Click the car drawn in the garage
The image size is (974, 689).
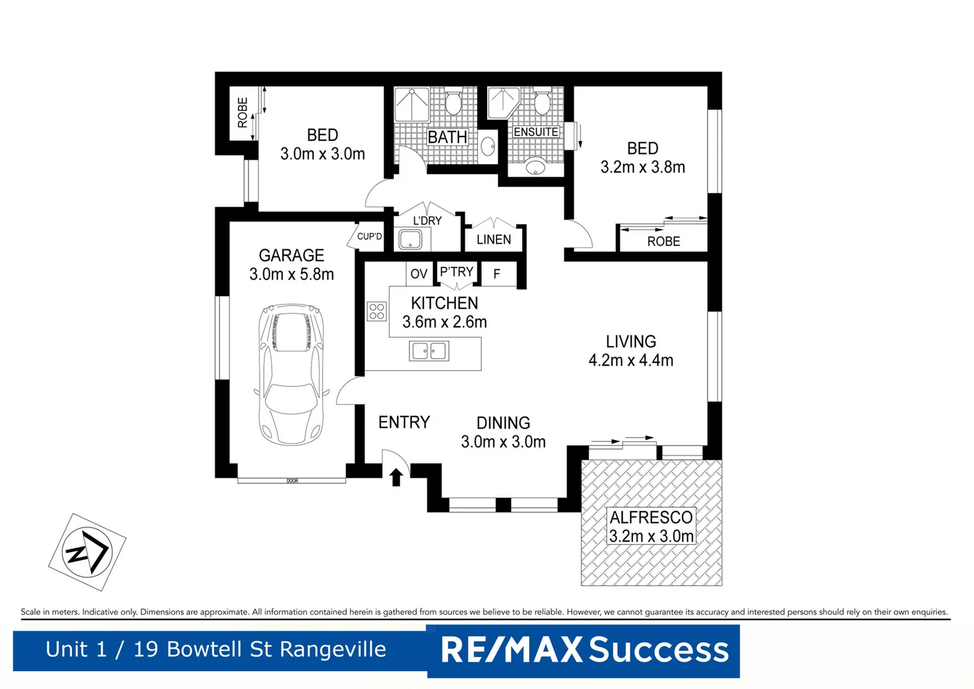tap(292, 374)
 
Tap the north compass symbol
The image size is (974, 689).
tap(87, 551)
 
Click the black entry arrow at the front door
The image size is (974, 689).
tap(396, 477)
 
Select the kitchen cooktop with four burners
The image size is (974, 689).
tap(377, 311)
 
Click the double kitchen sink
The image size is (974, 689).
tap(429, 351)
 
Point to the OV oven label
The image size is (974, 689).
tap(419, 274)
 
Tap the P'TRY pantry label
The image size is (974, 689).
tap(456, 272)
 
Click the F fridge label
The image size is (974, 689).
tap(497, 274)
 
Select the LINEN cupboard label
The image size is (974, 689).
tap(493, 239)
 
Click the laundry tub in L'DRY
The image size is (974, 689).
tap(410, 240)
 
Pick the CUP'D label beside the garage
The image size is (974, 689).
tap(369, 237)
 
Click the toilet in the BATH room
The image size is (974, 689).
tap(453, 102)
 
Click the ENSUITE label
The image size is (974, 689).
tap(535, 132)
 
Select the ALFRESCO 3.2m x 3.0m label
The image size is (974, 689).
tap(651, 526)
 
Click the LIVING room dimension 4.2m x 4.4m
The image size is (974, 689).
tap(630, 360)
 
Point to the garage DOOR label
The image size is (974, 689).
tap(292, 480)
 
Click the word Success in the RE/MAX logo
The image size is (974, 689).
tap(658, 650)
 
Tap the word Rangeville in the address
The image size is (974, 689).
tap(333, 649)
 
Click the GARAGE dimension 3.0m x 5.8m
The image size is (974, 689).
tap(291, 274)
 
